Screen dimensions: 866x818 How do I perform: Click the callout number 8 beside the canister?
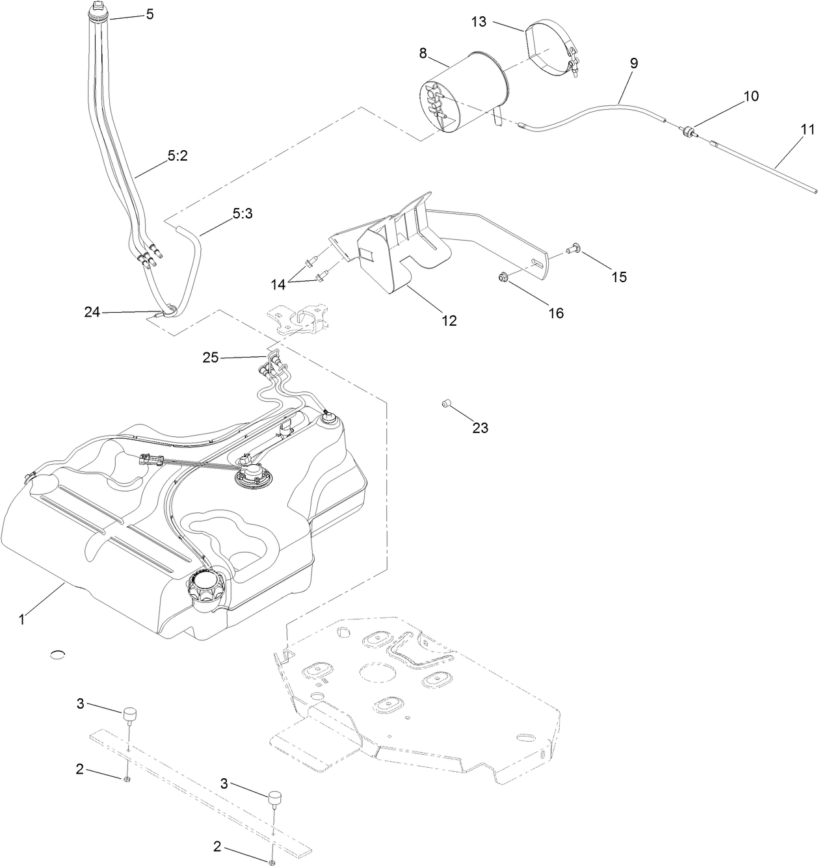(423, 53)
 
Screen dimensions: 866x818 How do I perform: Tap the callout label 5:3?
(242, 213)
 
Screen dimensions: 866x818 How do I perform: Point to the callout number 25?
(211, 358)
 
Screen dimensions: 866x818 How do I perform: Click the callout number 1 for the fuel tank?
(21, 620)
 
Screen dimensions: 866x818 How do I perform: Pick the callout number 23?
(480, 428)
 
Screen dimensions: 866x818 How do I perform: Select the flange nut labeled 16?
(503, 279)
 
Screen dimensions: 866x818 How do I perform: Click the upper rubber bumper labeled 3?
(131, 714)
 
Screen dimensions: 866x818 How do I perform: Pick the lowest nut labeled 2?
(271, 862)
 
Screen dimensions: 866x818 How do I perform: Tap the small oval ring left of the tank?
(58, 654)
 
